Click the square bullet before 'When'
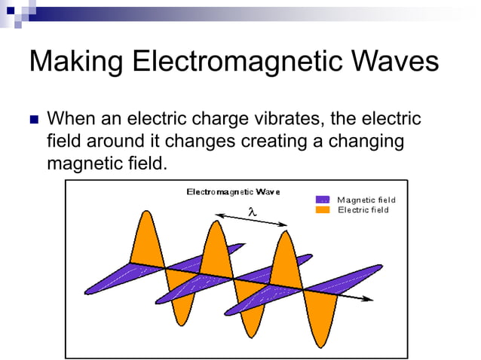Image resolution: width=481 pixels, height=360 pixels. [33, 120]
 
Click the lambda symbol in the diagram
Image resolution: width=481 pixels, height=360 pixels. [253, 213]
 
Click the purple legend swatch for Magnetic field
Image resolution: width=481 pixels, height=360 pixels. [323, 200]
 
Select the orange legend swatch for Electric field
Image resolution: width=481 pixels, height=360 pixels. [323, 209]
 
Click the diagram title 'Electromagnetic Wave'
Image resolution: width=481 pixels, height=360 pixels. [233, 192]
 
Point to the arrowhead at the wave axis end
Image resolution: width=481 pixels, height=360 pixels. [369, 299]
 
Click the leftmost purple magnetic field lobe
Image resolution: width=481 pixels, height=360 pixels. [113, 279]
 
